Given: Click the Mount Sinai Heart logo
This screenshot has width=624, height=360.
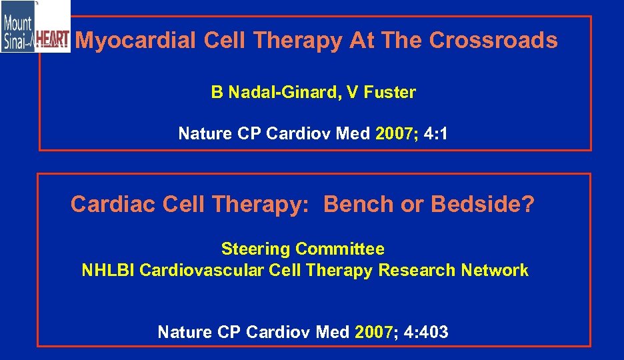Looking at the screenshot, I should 35,27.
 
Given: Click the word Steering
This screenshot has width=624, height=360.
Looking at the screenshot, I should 255,249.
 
